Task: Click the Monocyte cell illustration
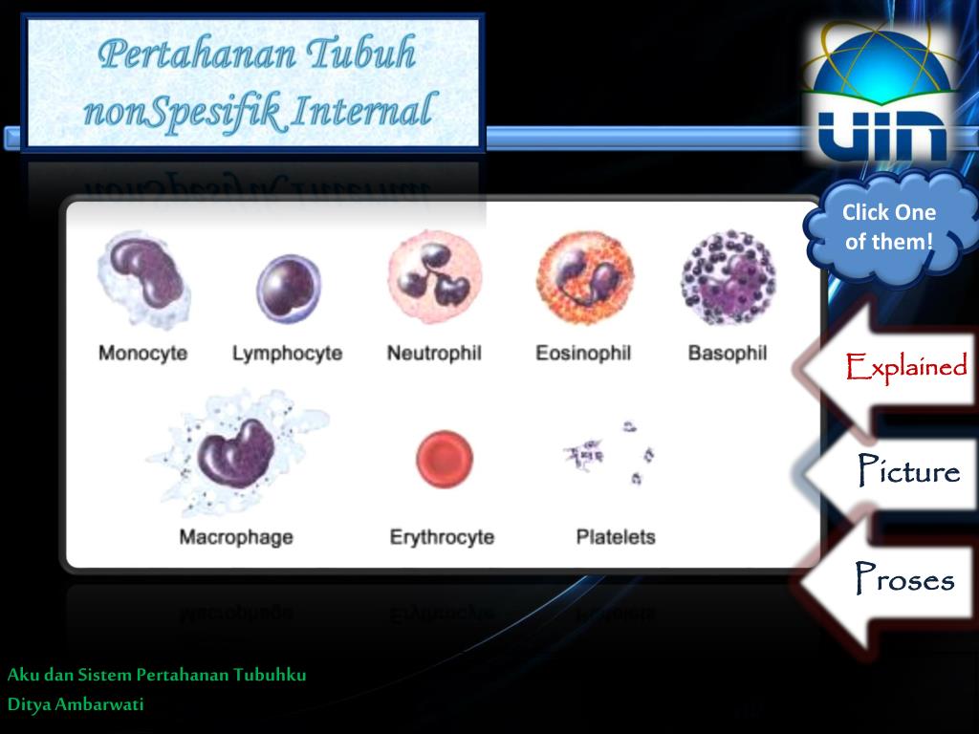pos(143,277)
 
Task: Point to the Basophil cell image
pos(729,278)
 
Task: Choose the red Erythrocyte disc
pos(444,459)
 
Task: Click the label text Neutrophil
pos(434,354)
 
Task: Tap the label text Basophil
pos(728,354)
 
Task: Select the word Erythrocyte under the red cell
pos(442,537)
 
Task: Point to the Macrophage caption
pos(236,537)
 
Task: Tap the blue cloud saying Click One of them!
pos(888,227)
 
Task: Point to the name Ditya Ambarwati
pos(76,704)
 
